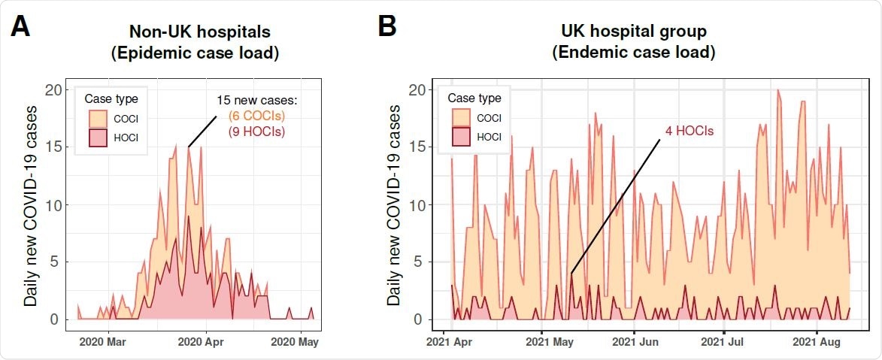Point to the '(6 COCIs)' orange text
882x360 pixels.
tap(256, 116)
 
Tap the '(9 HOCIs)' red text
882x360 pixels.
tap(256, 132)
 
